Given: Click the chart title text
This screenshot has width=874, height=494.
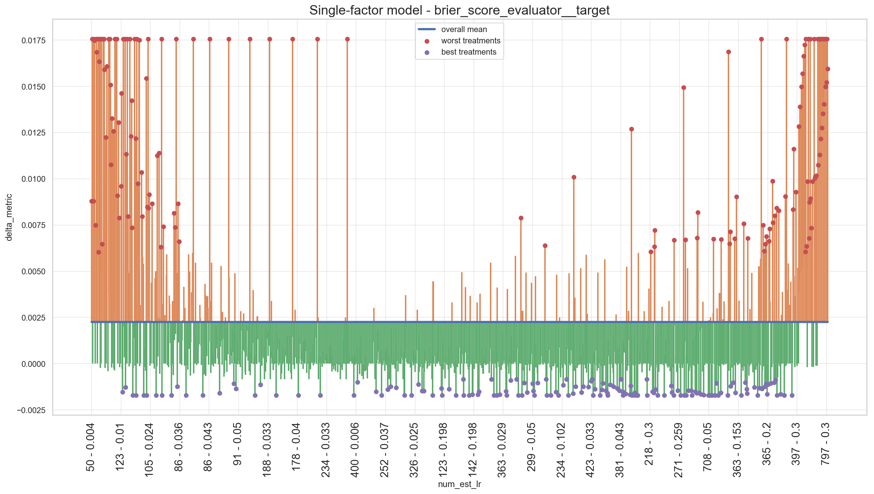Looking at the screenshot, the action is coord(459,10).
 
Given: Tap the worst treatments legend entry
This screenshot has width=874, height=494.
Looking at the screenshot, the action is coord(459,41).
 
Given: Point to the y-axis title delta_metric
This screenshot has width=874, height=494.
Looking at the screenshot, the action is coord(9,217).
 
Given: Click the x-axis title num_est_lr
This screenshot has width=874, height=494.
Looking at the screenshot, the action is coord(459,484).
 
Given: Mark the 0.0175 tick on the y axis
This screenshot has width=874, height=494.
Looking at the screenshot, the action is coord(34,40).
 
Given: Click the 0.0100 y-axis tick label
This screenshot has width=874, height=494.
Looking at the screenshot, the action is coord(34,179).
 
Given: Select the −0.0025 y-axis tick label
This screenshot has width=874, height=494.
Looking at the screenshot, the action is coord(31,410).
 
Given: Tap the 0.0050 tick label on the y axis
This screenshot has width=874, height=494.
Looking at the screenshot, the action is coord(34,271).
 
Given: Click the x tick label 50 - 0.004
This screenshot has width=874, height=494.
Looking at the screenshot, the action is coord(90,447).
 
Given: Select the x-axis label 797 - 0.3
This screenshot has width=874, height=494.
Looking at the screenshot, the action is coord(825,444).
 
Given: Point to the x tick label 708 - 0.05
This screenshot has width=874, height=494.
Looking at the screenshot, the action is coord(708,447).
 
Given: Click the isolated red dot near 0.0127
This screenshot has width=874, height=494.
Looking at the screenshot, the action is coord(631,129).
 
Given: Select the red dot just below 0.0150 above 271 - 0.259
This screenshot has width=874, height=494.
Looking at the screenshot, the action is coord(684,87).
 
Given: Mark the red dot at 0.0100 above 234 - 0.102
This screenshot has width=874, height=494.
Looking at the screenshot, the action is coord(574,177).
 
